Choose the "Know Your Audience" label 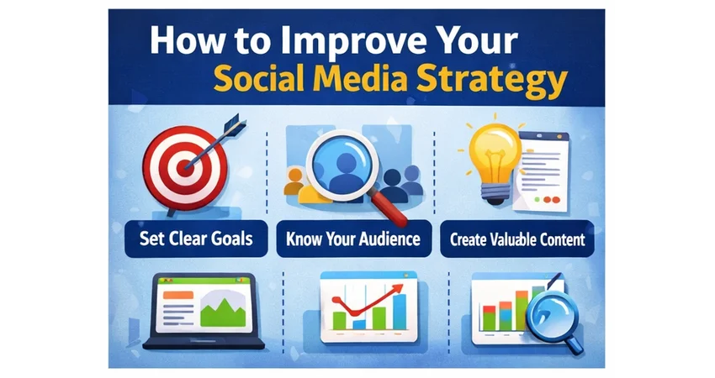pos(353,239)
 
